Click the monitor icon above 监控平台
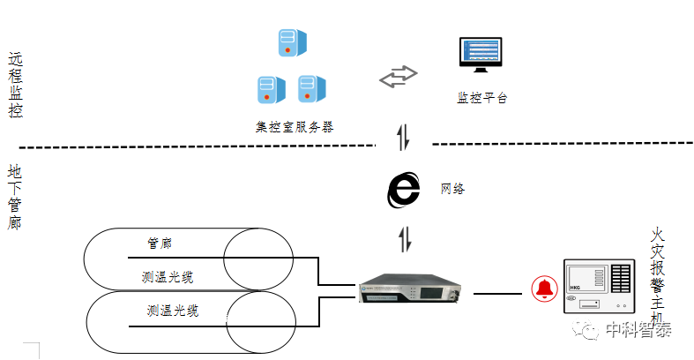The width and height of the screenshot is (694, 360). (x=480, y=57)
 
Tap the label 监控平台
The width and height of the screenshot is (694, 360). (x=481, y=98)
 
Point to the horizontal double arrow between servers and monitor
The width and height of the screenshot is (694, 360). (x=398, y=78)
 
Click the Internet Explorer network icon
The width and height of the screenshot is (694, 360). (x=404, y=190)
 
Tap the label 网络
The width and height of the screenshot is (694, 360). (x=452, y=189)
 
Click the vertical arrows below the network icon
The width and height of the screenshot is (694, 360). (x=404, y=239)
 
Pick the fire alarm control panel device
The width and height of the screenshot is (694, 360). (x=599, y=286)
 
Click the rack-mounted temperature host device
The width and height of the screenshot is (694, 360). (x=411, y=290)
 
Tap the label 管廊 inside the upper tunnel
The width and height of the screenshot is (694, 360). (x=160, y=242)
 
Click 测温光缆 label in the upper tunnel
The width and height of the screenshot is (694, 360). (x=168, y=277)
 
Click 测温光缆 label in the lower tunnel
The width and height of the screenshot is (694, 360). (x=173, y=311)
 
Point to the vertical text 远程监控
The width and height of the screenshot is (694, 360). (x=15, y=86)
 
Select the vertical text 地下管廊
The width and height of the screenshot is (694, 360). (x=15, y=196)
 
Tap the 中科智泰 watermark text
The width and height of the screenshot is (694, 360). (x=638, y=331)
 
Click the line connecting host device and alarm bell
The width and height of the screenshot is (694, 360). (x=499, y=291)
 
